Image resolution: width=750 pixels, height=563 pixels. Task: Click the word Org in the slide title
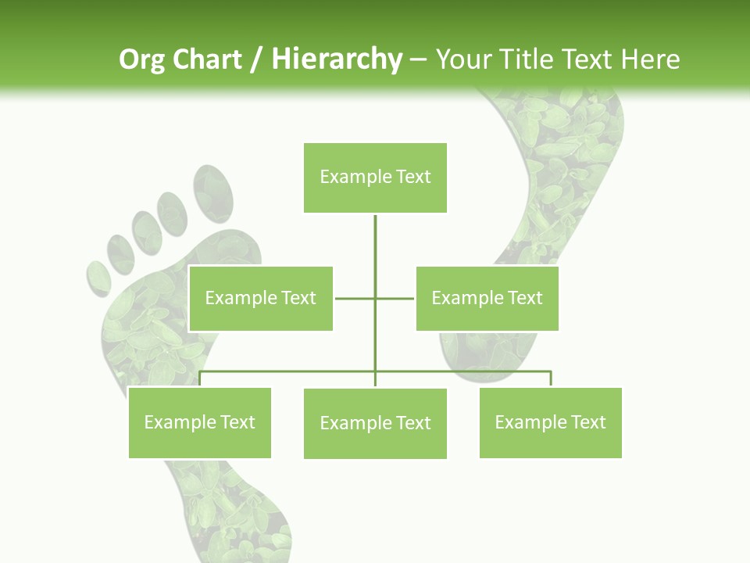coord(141,59)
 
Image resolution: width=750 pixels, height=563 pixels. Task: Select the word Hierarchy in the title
coord(336,59)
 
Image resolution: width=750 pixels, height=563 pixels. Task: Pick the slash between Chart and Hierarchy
coord(255,60)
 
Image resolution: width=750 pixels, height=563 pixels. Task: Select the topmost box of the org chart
coord(375,178)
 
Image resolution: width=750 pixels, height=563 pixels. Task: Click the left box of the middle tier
coord(261,298)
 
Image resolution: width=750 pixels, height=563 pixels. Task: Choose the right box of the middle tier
coord(487,298)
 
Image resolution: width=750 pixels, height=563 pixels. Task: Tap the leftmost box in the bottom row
coord(199,422)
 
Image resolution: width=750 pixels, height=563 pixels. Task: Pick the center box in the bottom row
coord(375,423)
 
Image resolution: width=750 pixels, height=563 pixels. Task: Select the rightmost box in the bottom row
coord(550,422)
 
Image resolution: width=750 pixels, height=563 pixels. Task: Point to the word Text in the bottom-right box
coord(587,422)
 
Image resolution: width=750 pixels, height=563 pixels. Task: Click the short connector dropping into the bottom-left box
coord(200,379)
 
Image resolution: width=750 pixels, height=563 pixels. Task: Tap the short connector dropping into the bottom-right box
coord(551,379)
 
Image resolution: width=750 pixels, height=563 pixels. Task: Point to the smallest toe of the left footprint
coord(98,278)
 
